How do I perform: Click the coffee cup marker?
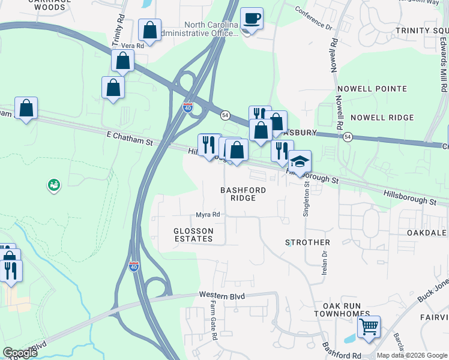coord(252,19)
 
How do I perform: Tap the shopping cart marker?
coord(369,328)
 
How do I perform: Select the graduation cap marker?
coord(300,162)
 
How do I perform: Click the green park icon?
coord(53,185)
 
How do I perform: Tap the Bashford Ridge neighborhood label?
coord(243,194)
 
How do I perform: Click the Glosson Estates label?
coord(193,235)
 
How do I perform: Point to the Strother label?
coord(307,242)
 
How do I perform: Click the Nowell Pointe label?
coord(372,89)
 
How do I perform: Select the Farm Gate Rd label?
coord(213,321)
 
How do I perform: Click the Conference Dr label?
coord(313,17)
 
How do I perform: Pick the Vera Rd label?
coord(131,46)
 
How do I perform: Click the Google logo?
coord(20,353)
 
